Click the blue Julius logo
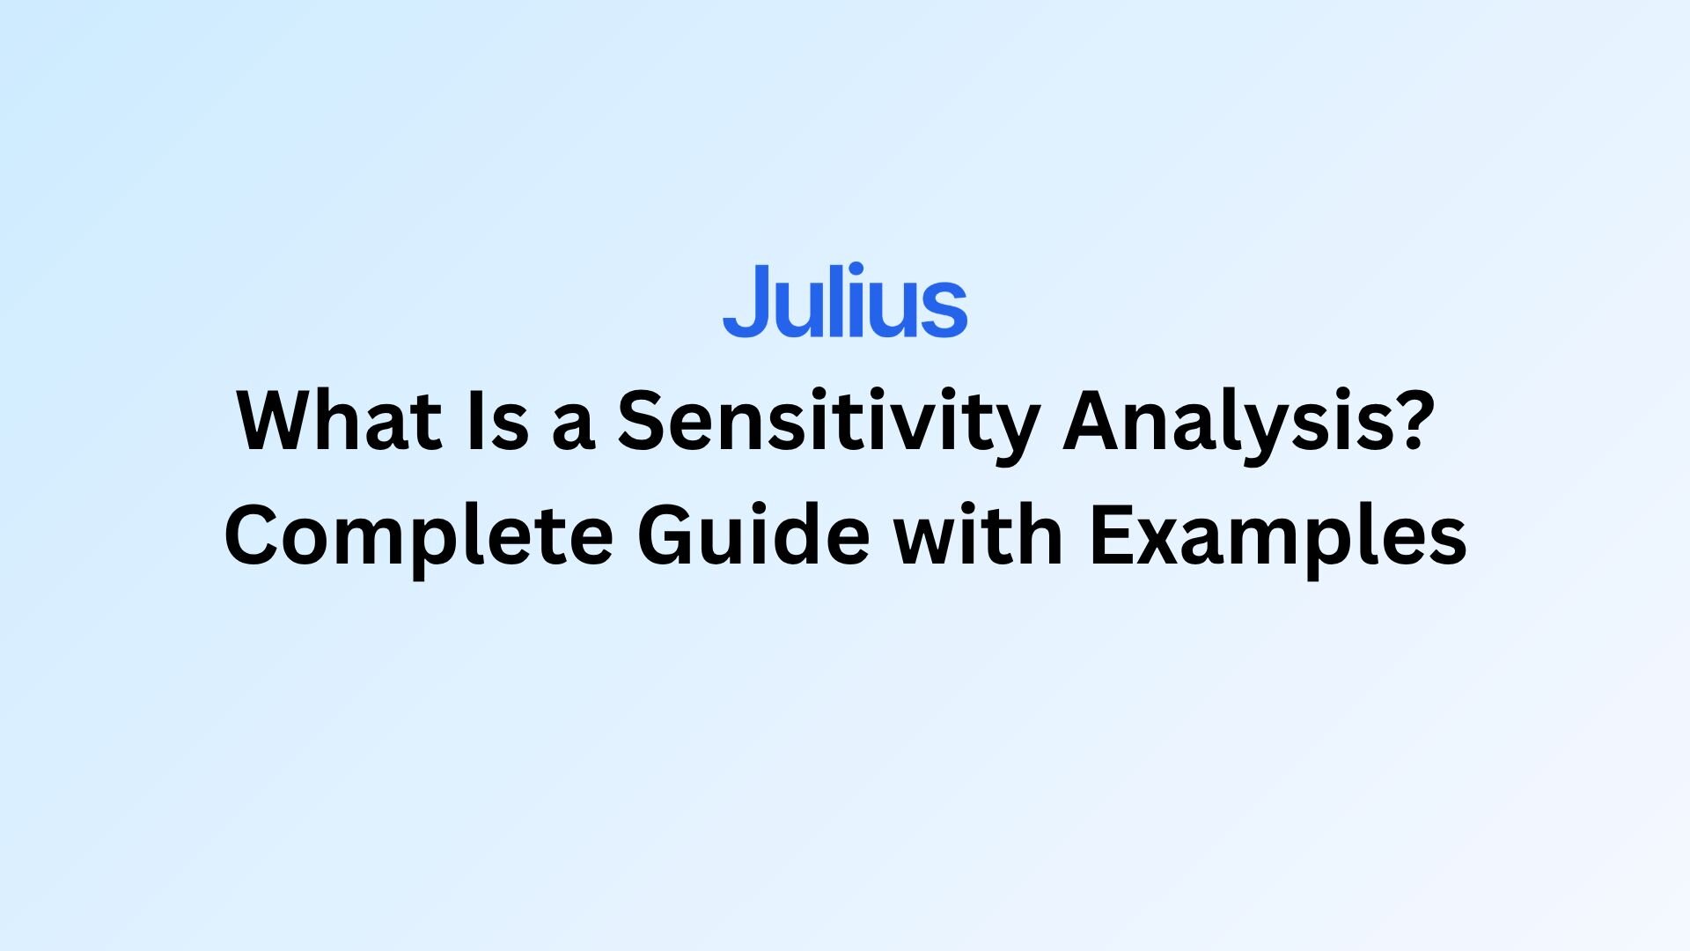point(845,300)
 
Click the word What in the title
point(340,421)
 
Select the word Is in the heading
point(498,421)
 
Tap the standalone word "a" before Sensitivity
point(574,429)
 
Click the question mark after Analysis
point(1403,421)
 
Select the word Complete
point(419,540)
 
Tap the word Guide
point(754,534)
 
